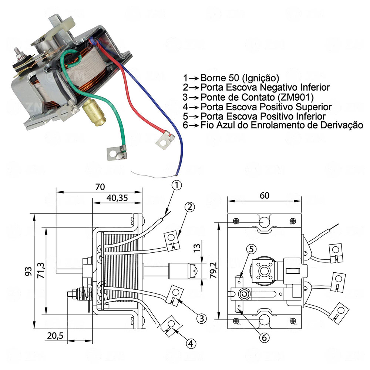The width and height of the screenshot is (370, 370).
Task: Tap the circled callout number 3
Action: click(x=201, y=318)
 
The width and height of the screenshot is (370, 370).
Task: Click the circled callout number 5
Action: click(x=250, y=249)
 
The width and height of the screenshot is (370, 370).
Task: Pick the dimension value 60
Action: click(x=264, y=196)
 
